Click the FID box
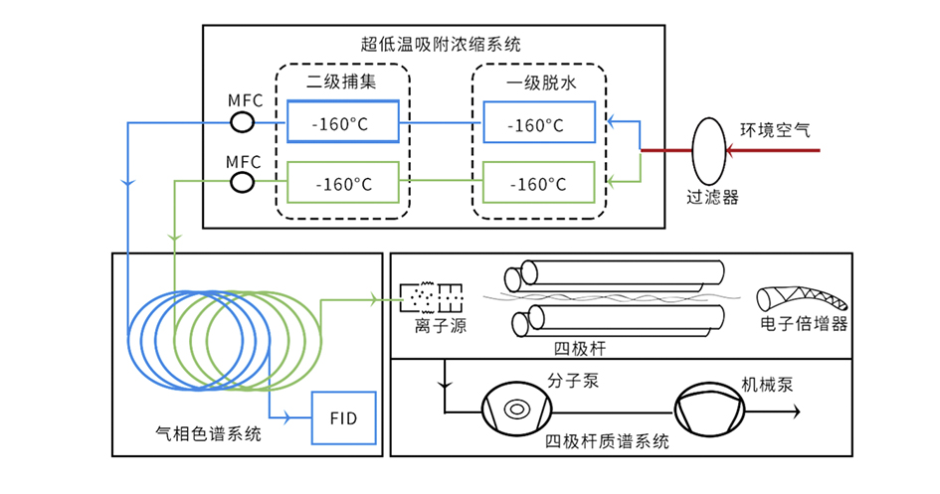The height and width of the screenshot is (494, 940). (x=343, y=417)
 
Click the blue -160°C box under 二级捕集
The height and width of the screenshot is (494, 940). (x=342, y=123)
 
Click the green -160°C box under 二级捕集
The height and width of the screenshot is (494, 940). (x=342, y=184)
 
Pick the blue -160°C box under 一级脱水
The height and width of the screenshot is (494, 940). (x=538, y=123)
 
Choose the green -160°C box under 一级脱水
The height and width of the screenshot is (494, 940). (x=538, y=184)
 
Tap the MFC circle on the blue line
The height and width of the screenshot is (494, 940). (x=243, y=122)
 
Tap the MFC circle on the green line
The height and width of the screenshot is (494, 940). (x=243, y=182)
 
